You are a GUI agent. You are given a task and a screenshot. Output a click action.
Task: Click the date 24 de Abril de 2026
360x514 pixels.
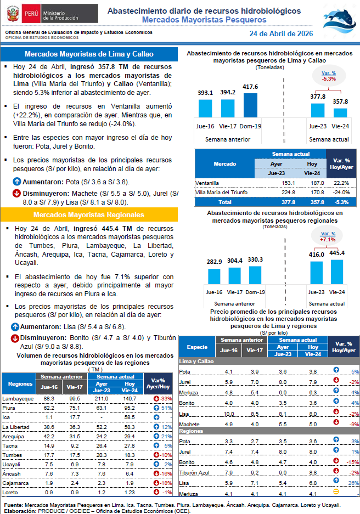coord(281,33)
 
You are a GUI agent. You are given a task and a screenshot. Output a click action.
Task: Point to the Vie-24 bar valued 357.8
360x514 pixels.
coord(340,112)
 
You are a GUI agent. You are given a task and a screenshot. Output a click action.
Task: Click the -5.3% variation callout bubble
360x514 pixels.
coord(329,76)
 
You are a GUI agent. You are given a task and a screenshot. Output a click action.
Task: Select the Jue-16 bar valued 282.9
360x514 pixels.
coord(214,275)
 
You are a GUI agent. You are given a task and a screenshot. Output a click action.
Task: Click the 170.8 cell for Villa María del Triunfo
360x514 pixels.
coord(312,192)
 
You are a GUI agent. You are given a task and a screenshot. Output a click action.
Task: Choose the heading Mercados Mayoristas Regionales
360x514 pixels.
coord(89,214)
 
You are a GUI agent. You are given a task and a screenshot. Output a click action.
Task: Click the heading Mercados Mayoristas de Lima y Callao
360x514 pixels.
coord(89,54)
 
